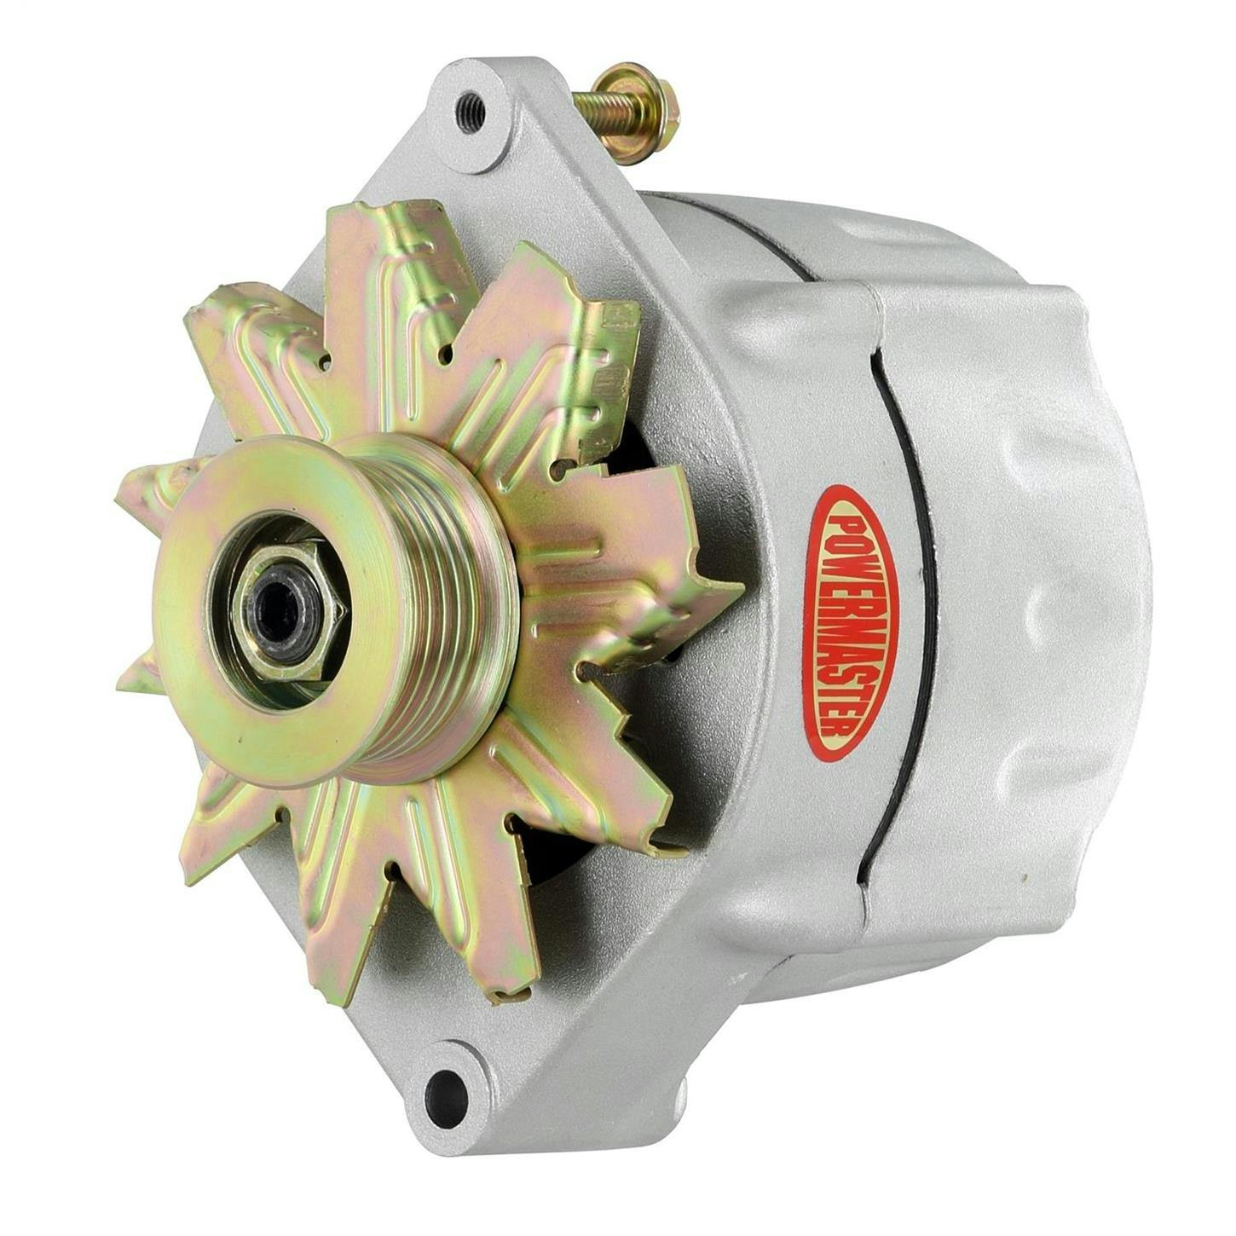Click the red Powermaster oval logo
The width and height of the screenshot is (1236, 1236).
pyautogui.click(x=852, y=622)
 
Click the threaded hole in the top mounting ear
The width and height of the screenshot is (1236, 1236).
pyautogui.click(x=471, y=112)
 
